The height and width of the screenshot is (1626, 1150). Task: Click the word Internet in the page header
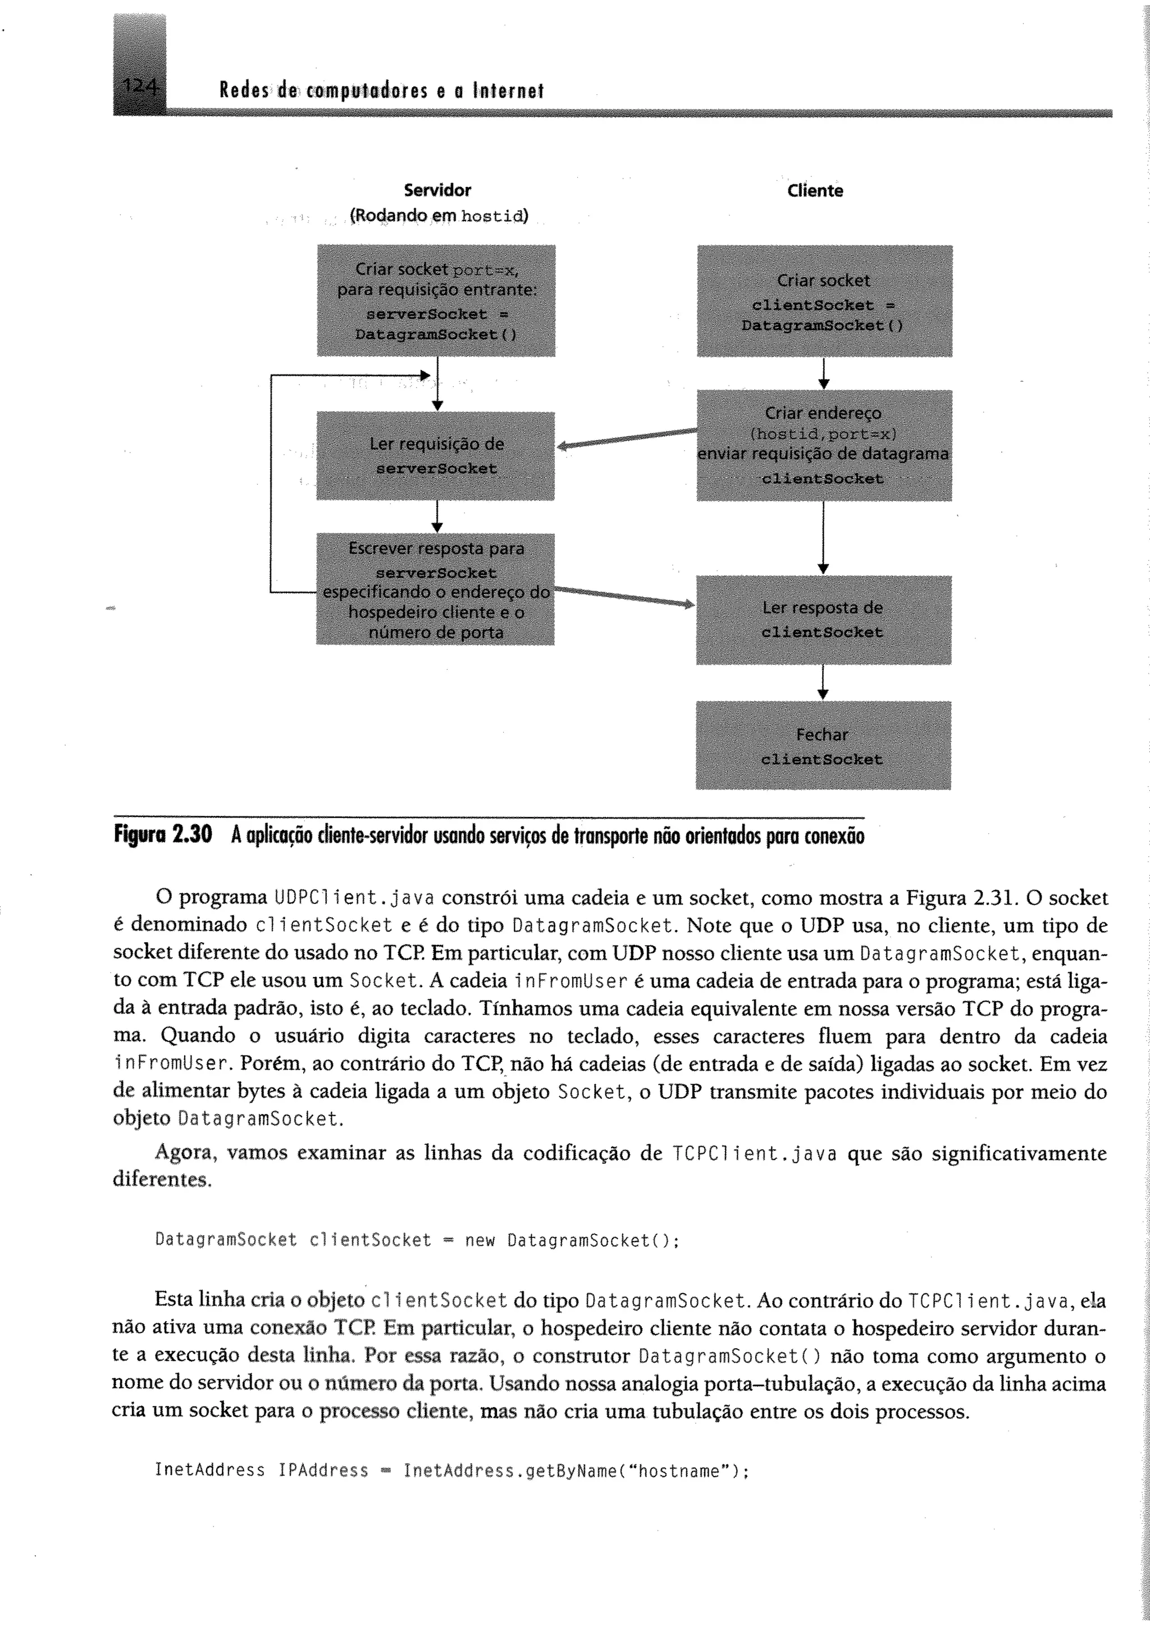[x=508, y=90]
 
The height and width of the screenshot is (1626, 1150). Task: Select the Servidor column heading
[x=437, y=190]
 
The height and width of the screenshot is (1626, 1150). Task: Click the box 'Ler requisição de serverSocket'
[x=436, y=456]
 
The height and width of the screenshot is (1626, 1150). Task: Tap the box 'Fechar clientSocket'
[x=823, y=745]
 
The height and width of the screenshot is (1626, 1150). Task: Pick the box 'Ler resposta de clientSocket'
[x=823, y=620]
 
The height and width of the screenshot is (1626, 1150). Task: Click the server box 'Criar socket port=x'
[x=436, y=300]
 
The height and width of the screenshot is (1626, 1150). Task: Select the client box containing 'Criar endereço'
[x=824, y=445]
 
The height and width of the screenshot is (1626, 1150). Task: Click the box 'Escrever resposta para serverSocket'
[x=436, y=589]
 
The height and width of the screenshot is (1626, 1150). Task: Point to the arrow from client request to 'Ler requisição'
[x=626, y=437]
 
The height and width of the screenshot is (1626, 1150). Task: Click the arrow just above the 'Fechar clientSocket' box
[x=822, y=683]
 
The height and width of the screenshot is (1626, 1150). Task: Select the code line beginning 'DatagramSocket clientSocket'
[x=417, y=1239]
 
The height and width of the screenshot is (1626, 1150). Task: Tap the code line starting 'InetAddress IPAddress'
[x=452, y=1470]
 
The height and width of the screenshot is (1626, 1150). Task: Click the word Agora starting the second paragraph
[x=184, y=1153]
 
